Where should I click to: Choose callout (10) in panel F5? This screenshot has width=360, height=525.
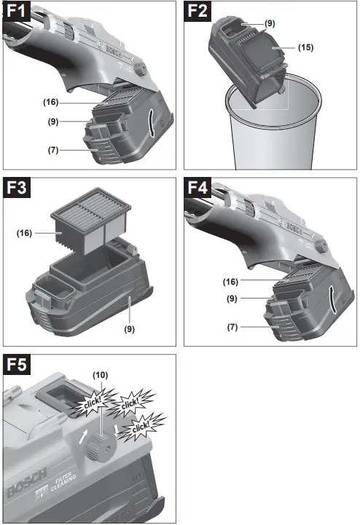(100, 374)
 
